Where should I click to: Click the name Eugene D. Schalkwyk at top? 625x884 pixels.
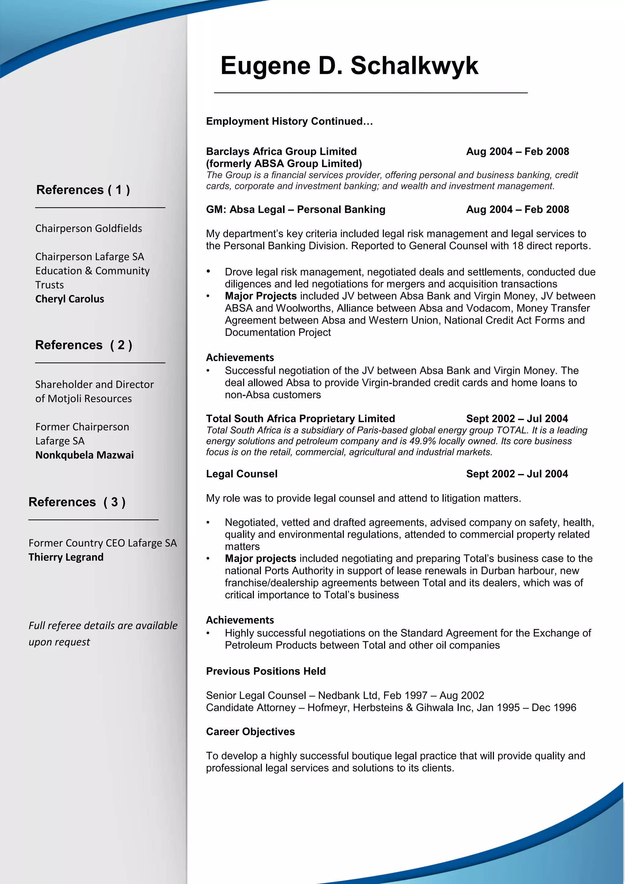click(x=349, y=65)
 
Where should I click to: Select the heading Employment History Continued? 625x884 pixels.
click(x=289, y=121)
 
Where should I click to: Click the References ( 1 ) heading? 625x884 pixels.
click(x=83, y=190)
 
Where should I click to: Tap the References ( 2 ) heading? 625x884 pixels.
click(x=84, y=345)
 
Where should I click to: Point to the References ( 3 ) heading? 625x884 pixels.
click(x=77, y=502)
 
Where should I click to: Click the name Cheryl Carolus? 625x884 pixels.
click(x=70, y=299)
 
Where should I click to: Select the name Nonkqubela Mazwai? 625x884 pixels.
click(x=85, y=455)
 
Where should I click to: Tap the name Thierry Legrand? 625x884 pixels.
click(x=66, y=557)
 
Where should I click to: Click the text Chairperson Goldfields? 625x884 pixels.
click(x=89, y=229)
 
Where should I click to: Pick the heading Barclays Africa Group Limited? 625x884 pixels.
click(x=281, y=151)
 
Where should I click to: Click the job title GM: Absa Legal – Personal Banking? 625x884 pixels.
click(x=296, y=209)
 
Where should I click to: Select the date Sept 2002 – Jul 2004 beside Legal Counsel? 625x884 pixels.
click(x=517, y=474)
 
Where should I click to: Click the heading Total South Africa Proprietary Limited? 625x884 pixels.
click(x=301, y=419)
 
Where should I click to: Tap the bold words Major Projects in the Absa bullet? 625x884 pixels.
click(x=261, y=296)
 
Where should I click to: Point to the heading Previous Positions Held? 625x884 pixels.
click(x=266, y=672)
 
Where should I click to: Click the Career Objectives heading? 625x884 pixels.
click(x=251, y=732)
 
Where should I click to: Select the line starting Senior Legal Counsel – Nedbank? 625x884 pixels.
click(x=345, y=695)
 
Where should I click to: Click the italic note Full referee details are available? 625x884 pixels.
click(x=103, y=626)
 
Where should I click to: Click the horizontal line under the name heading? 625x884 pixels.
click(x=370, y=93)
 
